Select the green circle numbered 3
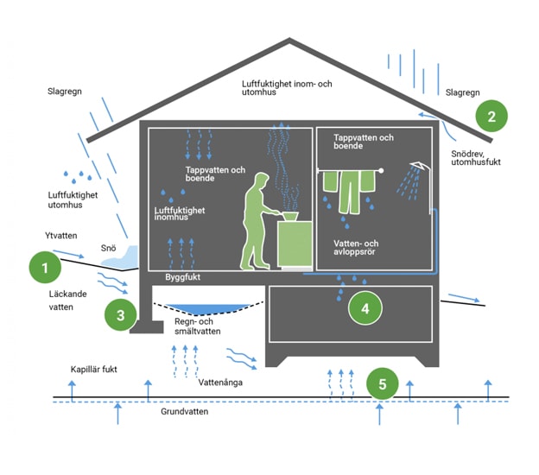pos(120,315)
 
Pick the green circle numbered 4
pos(365,307)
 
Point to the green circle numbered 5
pos(383,383)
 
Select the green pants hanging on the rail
pos(352,190)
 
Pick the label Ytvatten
pos(62,235)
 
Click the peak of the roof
pos(289,41)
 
